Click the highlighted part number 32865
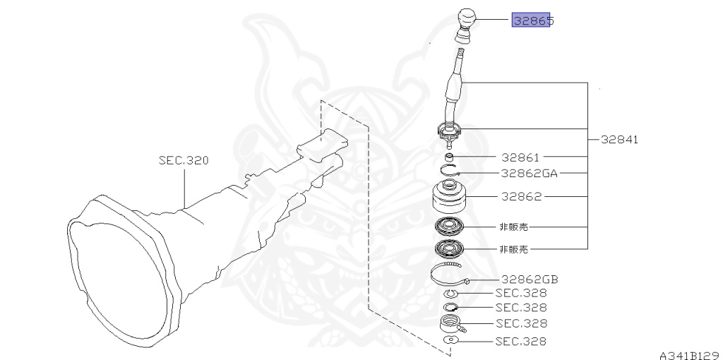531,20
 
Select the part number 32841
620,140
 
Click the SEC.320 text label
184,161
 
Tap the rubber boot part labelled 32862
450,197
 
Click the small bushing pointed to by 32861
450,156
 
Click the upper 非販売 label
513,227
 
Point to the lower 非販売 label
513,248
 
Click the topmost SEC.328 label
520,292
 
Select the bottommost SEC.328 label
520,342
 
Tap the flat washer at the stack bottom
450,341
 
